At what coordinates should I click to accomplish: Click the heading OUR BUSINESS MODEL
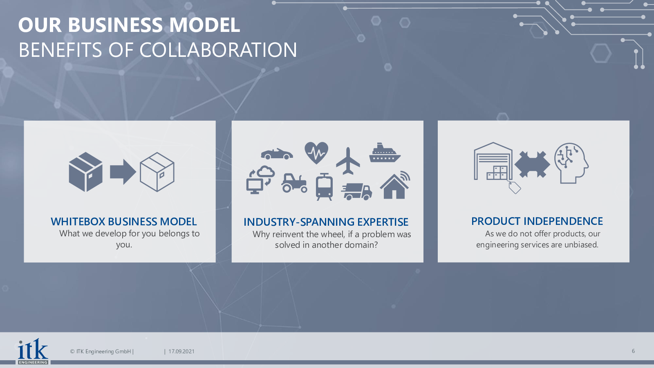[x=129, y=25]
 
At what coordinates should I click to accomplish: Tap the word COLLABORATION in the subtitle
[x=218, y=49]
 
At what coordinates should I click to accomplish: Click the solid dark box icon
[x=85, y=172]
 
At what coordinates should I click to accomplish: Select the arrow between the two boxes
[x=123, y=172]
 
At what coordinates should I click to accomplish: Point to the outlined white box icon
[x=157, y=172]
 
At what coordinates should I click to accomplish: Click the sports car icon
[x=277, y=154]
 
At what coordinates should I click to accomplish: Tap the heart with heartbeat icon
[x=316, y=153]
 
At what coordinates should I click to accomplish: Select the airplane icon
[x=348, y=161]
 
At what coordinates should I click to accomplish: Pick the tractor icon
[x=294, y=183]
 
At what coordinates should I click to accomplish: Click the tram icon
[x=324, y=187]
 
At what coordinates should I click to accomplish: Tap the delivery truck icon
[x=357, y=192]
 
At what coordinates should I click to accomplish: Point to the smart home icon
[x=395, y=185]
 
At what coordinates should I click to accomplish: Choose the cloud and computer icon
[x=260, y=180]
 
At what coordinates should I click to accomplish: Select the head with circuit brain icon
[x=571, y=163]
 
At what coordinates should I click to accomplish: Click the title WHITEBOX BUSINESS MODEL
[x=123, y=222]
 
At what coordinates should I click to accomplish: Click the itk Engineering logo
[x=33, y=352]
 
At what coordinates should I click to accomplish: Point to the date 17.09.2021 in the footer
[x=181, y=351]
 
